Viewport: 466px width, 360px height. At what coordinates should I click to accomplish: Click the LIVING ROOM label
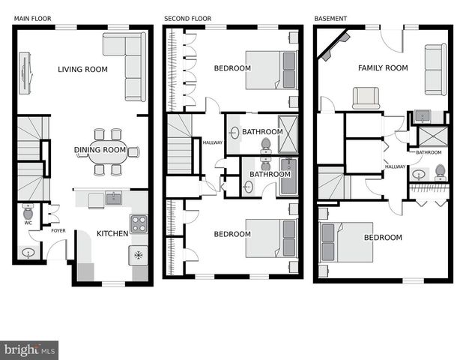(82, 70)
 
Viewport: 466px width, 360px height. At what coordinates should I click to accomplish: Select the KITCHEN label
(112, 233)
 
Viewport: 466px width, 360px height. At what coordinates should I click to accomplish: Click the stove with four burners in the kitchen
(139, 223)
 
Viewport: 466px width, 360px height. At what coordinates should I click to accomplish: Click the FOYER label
(58, 230)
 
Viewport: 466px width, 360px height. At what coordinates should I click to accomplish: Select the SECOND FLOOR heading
(187, 18)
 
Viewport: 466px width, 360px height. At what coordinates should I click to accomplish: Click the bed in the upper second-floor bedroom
(270, 69)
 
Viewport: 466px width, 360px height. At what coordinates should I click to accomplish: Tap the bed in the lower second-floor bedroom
(270, 237)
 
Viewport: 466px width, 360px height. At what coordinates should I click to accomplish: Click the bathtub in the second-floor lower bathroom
(288, 177)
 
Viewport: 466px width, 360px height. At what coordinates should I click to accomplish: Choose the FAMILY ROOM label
(383, 68)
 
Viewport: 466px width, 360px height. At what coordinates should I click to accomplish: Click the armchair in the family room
(366, 98)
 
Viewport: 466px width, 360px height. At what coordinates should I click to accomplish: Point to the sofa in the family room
(435, 69)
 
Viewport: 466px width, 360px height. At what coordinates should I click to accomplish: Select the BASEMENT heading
(331, 18)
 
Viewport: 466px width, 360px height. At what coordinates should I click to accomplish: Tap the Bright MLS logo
(29, 350)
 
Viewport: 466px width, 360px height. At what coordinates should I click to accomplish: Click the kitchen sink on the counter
(113, 199)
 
